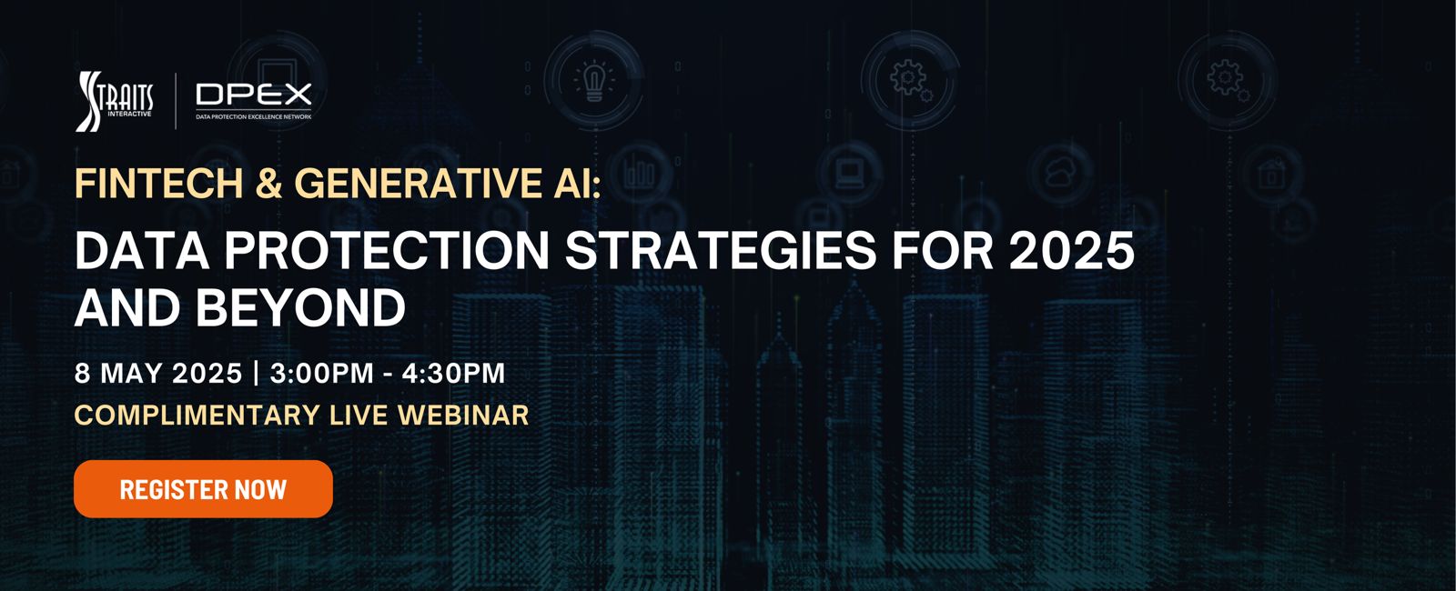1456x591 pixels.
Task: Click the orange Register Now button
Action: tap(204, 489)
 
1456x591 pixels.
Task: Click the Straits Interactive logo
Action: tap(115, 101)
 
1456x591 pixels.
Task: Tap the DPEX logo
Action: tap(254, 101)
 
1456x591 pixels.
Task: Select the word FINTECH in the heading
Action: tap(159, 183)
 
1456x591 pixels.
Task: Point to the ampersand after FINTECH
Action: tap(269, 183)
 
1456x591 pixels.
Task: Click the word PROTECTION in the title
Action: tap(388, 251)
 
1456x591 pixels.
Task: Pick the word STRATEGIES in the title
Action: tap(721, 251)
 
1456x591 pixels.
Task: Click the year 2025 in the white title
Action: tap(1071, 251)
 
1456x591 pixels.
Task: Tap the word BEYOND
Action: tap(300, 308)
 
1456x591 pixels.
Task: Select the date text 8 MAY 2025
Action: tap(158, 374)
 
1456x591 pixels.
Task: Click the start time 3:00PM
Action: tap(322, 374)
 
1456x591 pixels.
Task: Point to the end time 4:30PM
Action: tap(454, 374)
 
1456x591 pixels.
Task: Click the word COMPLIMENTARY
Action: tap(197, 416)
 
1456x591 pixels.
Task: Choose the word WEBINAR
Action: tap(463, 416)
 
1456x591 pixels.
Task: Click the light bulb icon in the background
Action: tap(594, 82)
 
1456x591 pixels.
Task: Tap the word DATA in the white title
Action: tap(142, 251)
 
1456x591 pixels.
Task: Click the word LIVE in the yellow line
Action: tap(359, 416)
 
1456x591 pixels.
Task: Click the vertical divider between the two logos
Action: tap(177, 101)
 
